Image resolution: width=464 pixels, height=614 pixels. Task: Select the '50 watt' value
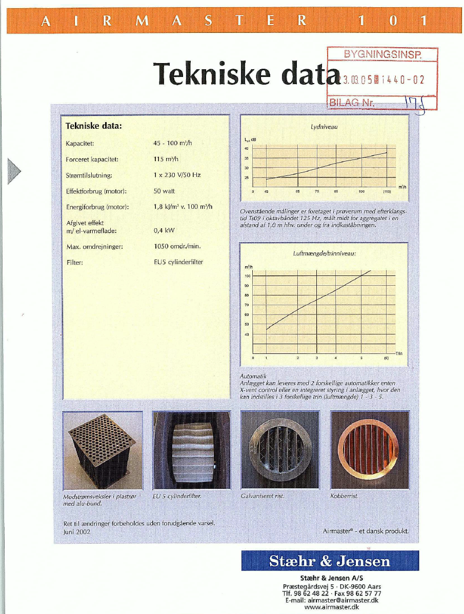tap(165, 191)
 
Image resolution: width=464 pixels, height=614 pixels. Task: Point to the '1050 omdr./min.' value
tap(177, 246)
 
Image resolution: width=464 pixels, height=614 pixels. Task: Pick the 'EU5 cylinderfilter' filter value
tap(178, 262)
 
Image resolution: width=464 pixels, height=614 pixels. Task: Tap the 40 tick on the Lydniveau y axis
tap(247, 149)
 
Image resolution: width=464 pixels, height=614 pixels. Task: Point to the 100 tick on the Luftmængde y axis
tap(247, 276)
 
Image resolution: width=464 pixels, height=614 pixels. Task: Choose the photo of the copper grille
tap(370, 449)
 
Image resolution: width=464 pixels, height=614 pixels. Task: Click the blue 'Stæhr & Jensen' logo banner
tap(330, 561)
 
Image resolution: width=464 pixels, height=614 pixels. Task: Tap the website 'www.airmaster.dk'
tap(331, 606)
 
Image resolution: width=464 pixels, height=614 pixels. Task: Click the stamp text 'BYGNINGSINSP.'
tap(382, 54)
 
